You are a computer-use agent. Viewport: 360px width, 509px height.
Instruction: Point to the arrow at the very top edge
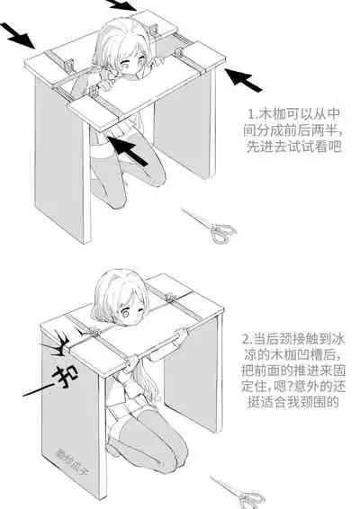pos(124,4)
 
